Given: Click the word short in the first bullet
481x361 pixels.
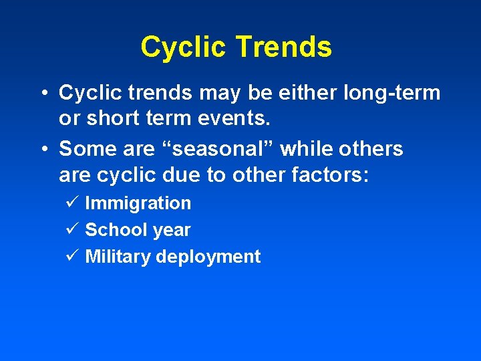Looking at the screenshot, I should point(113,118).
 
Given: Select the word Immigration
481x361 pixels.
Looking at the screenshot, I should point(138,203).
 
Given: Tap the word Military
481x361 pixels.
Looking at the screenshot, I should point(118,257).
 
